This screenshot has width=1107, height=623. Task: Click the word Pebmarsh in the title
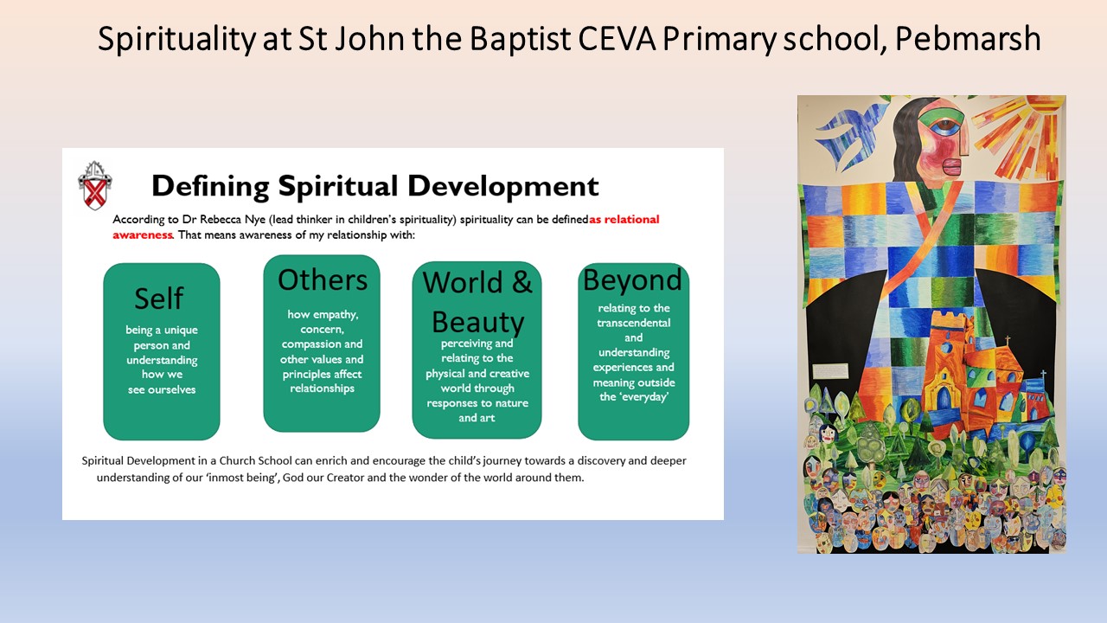pyautogui.click(x=968, y=39)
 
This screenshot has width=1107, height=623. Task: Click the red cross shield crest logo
pyautogui.click(x=94, y=185)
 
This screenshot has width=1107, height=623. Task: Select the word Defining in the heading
pyautogui.click(x=210, y=187)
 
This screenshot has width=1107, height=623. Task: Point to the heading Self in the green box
pyautogui.click(x=159, y=299)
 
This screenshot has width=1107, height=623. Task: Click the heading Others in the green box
pyautogui.click(x=323, y=279)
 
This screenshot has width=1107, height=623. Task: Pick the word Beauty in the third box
pyautogui.click(x=478, y=323)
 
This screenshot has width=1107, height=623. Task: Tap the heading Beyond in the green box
pyautogui.click(x=632, y=279)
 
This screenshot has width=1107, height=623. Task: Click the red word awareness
pyautogui.click(x=143, y=234)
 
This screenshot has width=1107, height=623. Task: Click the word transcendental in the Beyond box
pyautogui.click(x=634, y=323)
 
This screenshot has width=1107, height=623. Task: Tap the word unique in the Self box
pyautogui.click(x=181, y=331)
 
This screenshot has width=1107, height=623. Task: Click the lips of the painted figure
pyautogui.click(x=952, y=167)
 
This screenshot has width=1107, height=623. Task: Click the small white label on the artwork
pyautogui.click(x=830, y=371)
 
